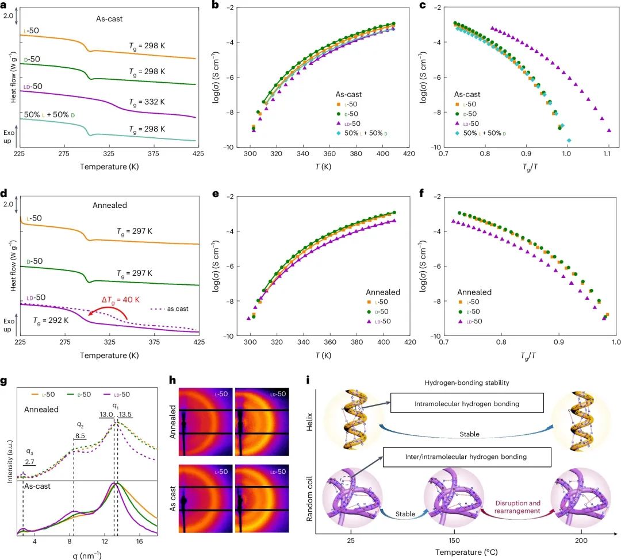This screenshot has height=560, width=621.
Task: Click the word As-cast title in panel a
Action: tap(110, 18)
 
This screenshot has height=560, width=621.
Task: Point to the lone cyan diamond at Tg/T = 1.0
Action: tap(569, 140)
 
